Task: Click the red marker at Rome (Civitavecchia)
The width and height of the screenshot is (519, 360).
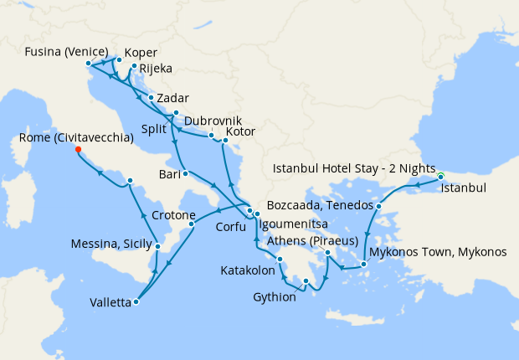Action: click(x=78, y=150)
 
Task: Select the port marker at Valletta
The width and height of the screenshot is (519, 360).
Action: click(x=136, y=302)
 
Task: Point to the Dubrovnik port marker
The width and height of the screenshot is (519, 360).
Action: click(x=212, y=135)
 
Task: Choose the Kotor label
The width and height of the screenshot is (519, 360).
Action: click(x=241, y=132)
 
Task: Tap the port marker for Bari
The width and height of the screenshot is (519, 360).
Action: click(x=184, y=173)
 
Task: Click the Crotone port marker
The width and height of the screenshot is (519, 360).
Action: click(x=192, y=224)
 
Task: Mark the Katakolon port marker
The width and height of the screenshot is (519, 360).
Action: click(x=280, y=260)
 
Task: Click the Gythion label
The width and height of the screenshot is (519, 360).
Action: click(x=275, y=297)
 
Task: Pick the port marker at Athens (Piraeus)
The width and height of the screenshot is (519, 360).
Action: click(x=327, y=252)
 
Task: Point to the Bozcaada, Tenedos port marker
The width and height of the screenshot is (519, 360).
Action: click(x=379, y=206)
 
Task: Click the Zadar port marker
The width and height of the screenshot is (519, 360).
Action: click(x=151, y=98)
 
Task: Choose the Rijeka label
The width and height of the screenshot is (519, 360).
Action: click(x=156, y=69)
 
